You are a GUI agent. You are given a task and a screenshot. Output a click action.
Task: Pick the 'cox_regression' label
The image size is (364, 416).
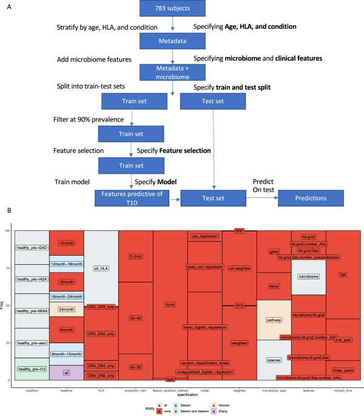coord(204,236)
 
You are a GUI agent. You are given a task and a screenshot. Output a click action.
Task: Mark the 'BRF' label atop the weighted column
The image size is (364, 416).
coord(240,232)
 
